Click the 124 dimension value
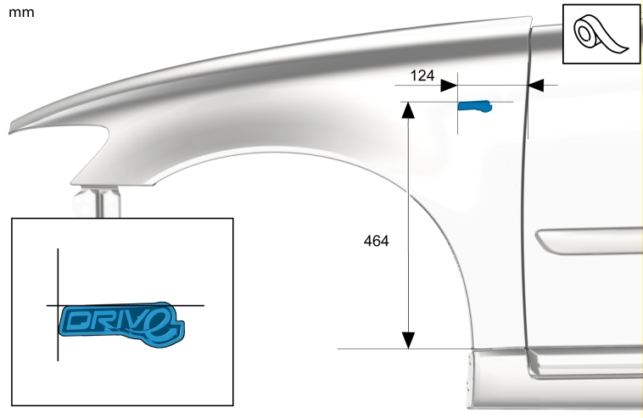[x=422, y=75]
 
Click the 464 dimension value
[x=376, y=241]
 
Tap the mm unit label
[x=21, y=13]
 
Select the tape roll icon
[x=601, y=35]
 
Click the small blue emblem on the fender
[x=475, y=106]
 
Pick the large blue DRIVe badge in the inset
[x=122, y=325]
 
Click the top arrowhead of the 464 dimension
[x=408, y=110]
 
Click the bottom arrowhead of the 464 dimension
[x=408, y=341]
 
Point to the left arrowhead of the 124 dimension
[x=449, y=86]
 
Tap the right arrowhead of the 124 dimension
[x=536, y=86]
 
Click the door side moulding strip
[x=589, y=242]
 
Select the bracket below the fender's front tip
[x=97, y=202]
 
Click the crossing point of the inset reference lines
[x=58, y=305]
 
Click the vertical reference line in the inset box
[x=58, y=304]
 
